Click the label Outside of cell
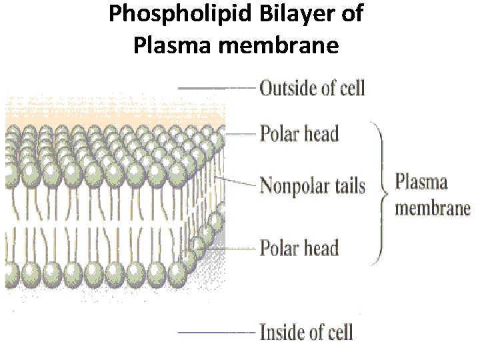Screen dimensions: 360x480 click(312, 87)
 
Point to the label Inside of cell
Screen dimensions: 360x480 click(306, 331)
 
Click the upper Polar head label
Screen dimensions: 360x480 click(299, 133)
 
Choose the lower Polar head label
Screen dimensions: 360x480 click(299, 248)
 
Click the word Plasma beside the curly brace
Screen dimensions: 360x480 click(421, 182)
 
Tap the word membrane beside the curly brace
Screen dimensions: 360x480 click(433, 207)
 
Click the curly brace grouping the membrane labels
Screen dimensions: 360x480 click(382, 193)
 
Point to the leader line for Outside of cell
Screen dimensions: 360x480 click(217, 87)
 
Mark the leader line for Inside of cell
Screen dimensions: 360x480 click(217, 331)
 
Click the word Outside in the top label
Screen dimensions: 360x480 click(288, 87)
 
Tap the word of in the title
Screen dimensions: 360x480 click(351, 15)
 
